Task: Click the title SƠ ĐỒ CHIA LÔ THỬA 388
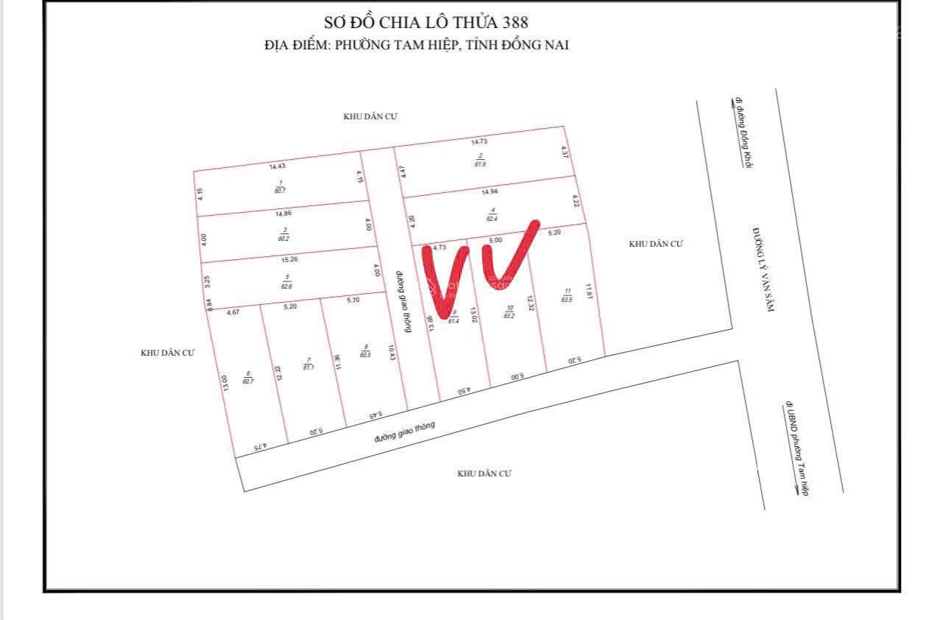pos(426,22)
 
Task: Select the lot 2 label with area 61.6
pos(480,160)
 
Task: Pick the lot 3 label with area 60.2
pos(283,234)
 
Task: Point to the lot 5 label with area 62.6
pos(285,281)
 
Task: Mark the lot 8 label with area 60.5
pos(365,350)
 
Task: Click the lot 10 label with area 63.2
pos(509,312)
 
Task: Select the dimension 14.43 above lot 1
pos(276,166)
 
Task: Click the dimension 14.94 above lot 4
pos(489,192)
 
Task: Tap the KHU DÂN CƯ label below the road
pos(484,473)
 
